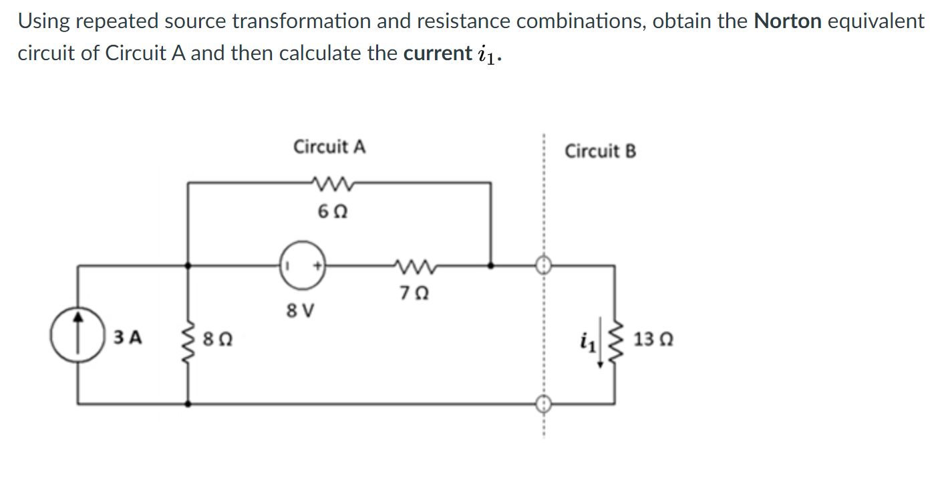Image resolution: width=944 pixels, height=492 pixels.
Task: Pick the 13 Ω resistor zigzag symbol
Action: click(x=615, y=339)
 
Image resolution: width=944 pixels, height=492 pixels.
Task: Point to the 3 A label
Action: click(x=127, y=338)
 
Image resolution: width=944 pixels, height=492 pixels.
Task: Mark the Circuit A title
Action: click(x=329, y=146)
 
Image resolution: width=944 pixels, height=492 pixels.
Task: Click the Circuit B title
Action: click(x=601, y=151)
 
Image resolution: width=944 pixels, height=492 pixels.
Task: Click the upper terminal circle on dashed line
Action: click(x=544, y=265)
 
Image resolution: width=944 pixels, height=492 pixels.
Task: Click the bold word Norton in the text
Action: click(x=788, y=21)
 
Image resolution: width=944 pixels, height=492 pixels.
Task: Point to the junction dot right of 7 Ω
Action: click(x=491, y=265)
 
